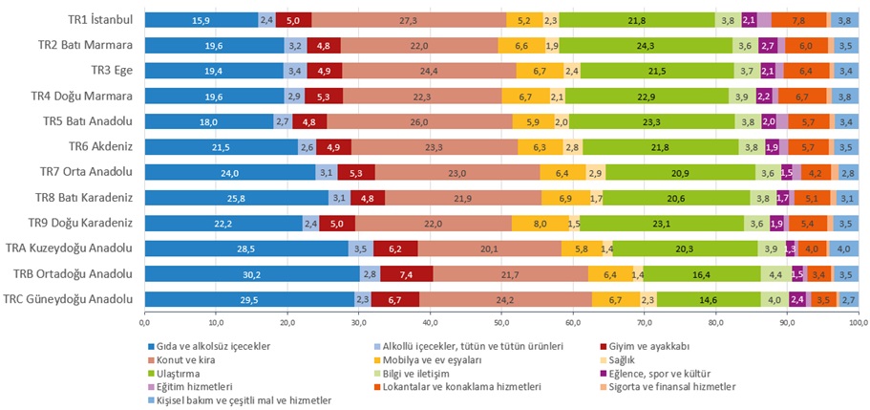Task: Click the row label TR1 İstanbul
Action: click(x=98, y=20)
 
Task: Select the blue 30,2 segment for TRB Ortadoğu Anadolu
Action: click(x=252, y=273)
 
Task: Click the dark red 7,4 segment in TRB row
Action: click(x=406, y=273)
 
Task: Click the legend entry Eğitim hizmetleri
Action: click(x=190, y=386)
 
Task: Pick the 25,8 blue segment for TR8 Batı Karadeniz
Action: click(x=236, y=198)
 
